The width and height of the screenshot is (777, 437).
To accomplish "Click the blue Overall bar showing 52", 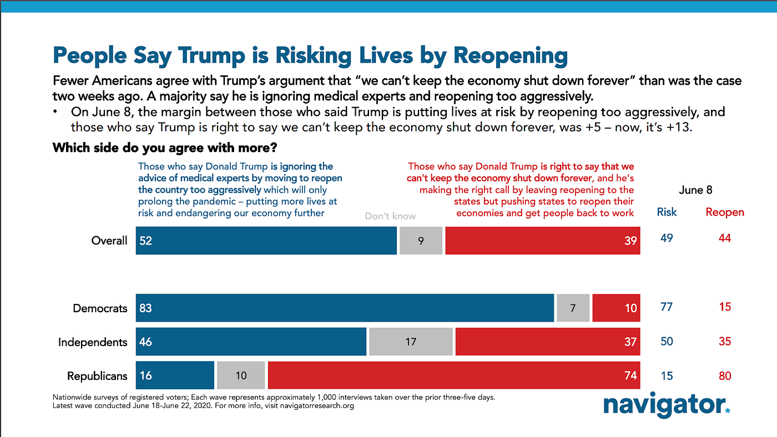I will (x=266, y=241).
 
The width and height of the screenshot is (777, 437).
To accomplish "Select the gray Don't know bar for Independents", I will (x=411, y=342).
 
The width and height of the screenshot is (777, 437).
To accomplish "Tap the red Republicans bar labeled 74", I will (x=453, y=375).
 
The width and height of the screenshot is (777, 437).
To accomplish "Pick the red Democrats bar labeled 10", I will (x=616, y=308).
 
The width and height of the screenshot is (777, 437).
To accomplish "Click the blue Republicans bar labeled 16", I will (x=175, y=375).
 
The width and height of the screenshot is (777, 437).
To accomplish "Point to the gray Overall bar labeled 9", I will (x=421, y=241).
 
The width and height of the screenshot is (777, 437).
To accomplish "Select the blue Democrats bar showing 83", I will (x=345, y=308).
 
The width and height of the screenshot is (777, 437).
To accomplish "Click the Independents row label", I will (x=93, y=342).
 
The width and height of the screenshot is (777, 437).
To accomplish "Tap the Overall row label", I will (x=109, y=241).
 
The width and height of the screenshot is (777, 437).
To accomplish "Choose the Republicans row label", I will (x=97, y=376).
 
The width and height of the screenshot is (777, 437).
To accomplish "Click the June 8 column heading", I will (x=695, y=190).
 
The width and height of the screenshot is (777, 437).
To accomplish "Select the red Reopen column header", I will (x=725, y=212).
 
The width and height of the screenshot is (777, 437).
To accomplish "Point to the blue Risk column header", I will (x=667, y=212).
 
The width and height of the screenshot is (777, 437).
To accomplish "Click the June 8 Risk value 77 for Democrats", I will (x=667, y=307).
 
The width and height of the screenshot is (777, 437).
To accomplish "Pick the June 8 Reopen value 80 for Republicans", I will (x=725, y=376).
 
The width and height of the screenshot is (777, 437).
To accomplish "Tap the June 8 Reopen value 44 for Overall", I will (x=725, y=238).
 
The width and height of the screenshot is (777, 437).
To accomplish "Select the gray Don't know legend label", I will (x=390, y=216).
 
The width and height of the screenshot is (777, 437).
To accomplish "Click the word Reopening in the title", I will (x=510, y=55).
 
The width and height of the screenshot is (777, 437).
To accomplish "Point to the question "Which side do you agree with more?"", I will (x=165, y=149).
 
